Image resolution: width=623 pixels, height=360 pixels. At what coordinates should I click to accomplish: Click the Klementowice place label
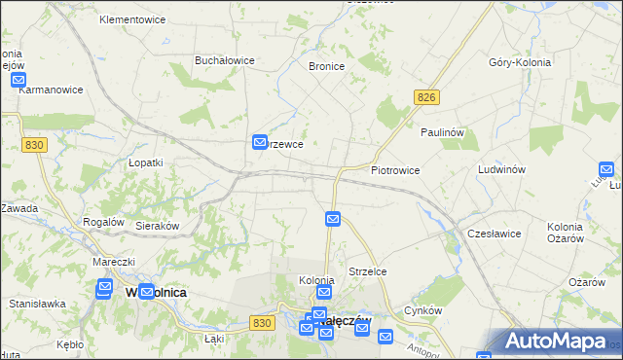click(132, 19)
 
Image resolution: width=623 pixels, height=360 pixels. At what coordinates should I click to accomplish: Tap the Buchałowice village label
click(225, 60)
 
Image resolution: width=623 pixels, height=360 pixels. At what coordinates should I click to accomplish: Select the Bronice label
click(327, 67)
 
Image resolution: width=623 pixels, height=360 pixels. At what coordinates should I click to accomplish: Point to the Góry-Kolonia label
click(521, 61)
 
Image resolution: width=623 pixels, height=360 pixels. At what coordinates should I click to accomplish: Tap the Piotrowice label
click(395, 170)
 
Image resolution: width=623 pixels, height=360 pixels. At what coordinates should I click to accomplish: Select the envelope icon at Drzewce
click(260, 142)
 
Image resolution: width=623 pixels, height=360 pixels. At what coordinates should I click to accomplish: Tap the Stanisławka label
click(37, 304)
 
